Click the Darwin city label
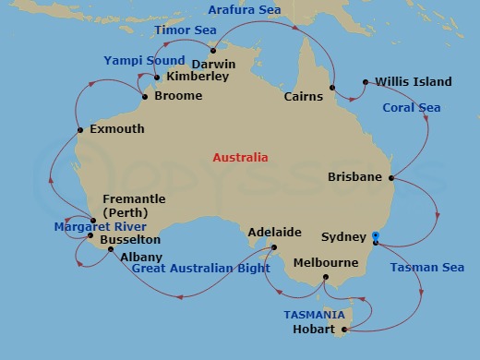[213, 65]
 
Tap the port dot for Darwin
[212, 51]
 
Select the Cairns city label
[304, 96]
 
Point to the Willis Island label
[414, 82]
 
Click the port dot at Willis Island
[366, 82]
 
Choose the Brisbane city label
[355, 177]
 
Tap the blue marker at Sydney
[375, 237]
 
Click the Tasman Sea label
[426, 268]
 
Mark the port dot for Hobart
[343, 330]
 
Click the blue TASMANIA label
[314, 315]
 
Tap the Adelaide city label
[275, 233]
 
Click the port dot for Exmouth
[81, 129]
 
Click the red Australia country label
[240, 158]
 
